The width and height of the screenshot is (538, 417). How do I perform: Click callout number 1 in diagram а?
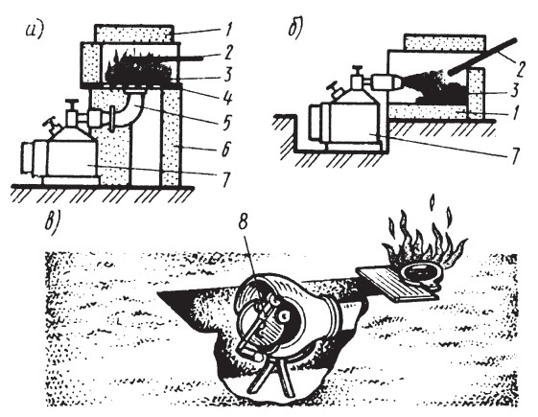(x=225, y=30)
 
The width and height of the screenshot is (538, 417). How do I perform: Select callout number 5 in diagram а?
(x=226, y=123)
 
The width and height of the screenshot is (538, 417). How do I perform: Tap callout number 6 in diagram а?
(x=225, y=150)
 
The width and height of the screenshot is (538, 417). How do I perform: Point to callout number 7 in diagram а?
(x=225, y=179)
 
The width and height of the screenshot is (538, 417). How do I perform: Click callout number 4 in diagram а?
(x=226, y=97)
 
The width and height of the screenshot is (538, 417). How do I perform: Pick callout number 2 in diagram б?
(x=521, y=69)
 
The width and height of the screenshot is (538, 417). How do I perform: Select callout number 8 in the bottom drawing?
(x=243, y=223)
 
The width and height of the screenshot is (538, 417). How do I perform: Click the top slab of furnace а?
(x=133, y=34)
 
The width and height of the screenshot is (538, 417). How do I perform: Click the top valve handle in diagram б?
(x=358, y=67)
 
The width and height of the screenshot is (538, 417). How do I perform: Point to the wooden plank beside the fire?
(x=395, y=283)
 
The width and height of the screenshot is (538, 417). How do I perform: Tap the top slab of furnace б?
(x=445, y=42)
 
